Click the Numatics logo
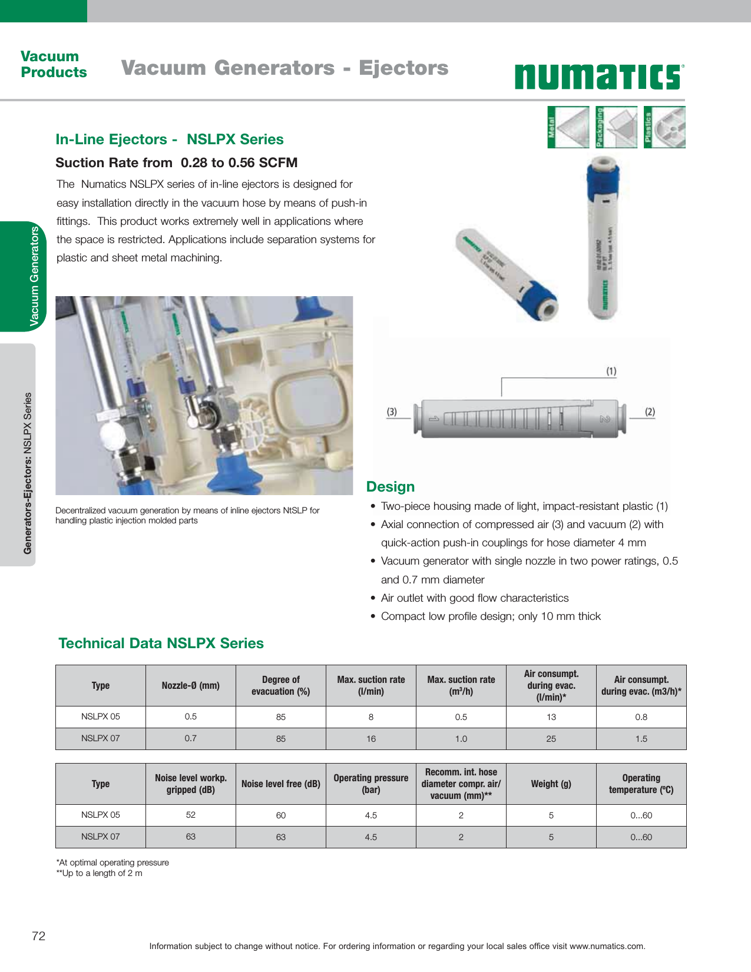pyautogui.click(x=599, y=77)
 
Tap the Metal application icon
pyautogui.click(x=568, y=127)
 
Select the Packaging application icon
pyautogui.click(x=616, y=127)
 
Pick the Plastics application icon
pyautogui.click(x=664, y=127)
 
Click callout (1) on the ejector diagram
pyautogui.click(x=611, y=371)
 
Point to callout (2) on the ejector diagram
pyautogui.click(x=650, y=412)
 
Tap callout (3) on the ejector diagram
pyautogui.click(x=392, y=412)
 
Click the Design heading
pyautogui.click(x=391, y=487)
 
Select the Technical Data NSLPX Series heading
pyautogui.click(x=161, y=643)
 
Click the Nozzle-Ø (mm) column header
pyautogui.click(x=190, y=685)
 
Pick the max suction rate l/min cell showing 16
pyautogui.click(x=371, y=739)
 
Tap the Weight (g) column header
pyautogui.click(x=551, y=784)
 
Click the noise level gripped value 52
pyautogui.click(x=190, y=815)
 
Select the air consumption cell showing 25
pyautogui.click(x=551, y=739)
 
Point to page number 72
pyautogui.click(x=38, y=936)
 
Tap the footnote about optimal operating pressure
pyautogui.click(x=113, y=862)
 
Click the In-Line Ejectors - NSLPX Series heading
pyautogui.click(x=170, y=140)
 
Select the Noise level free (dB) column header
pyautogui.click(x=280, y=784)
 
